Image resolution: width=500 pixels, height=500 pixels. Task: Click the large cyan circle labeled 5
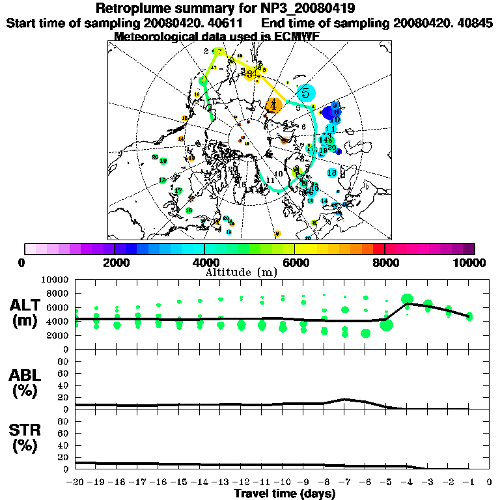(305, 92)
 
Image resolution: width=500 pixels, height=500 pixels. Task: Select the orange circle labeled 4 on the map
(274, 104)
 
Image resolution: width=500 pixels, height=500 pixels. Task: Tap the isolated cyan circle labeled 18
(332, 173)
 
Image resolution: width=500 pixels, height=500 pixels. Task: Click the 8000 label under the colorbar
(384, 262)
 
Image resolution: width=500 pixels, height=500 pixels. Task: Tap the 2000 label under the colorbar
(115, 262)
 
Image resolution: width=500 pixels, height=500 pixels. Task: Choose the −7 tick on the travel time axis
(345, 482)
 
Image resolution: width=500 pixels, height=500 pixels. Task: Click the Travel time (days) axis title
(284, 493)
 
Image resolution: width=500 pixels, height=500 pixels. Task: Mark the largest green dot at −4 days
(408, 299)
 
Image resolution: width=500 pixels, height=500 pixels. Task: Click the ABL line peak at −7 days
(345, 399)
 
